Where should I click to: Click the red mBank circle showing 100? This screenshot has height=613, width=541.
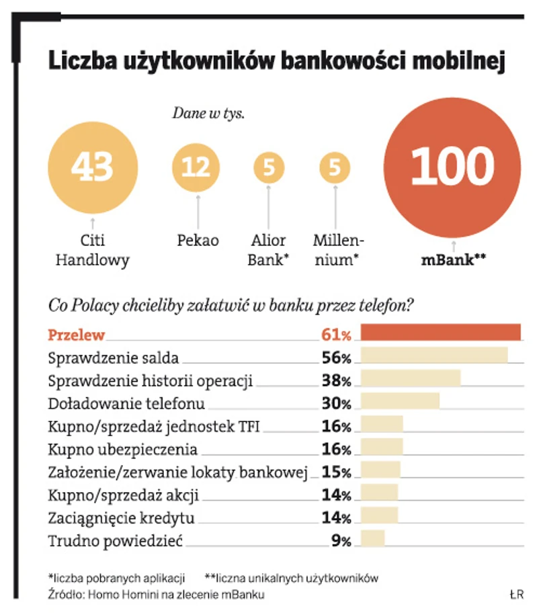click(x=452, y=167)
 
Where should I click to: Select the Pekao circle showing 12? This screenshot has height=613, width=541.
click(x=196, y=167)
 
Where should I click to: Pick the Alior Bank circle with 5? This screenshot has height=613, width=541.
click(x=269, y=168)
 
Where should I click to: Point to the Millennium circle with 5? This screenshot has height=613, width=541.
click(x=335, y=168)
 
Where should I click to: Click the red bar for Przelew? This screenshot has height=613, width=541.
click(x=440, y=333)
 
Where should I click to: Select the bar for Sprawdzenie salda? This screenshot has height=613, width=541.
click(x=434, y=356)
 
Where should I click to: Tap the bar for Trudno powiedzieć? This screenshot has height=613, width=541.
click(x=373, y=538)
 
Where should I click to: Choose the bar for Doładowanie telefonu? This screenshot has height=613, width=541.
click(x=400, y=401)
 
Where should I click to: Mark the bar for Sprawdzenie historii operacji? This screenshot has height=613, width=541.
click(x=411, y=378)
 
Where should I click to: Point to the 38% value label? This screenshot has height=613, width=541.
click(x=336, y=380)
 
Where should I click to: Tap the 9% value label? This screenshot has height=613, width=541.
click(x=341, y=540)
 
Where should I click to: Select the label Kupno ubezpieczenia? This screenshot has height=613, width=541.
click(x=123, y=449)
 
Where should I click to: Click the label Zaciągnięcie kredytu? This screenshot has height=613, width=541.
click(x=122, y=518)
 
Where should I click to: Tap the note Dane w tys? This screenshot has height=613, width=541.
click(x=208, y=113)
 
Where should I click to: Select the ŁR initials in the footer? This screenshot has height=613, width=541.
click(x=516, y=594)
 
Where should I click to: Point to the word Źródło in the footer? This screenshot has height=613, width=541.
click(x=64, y=594)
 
